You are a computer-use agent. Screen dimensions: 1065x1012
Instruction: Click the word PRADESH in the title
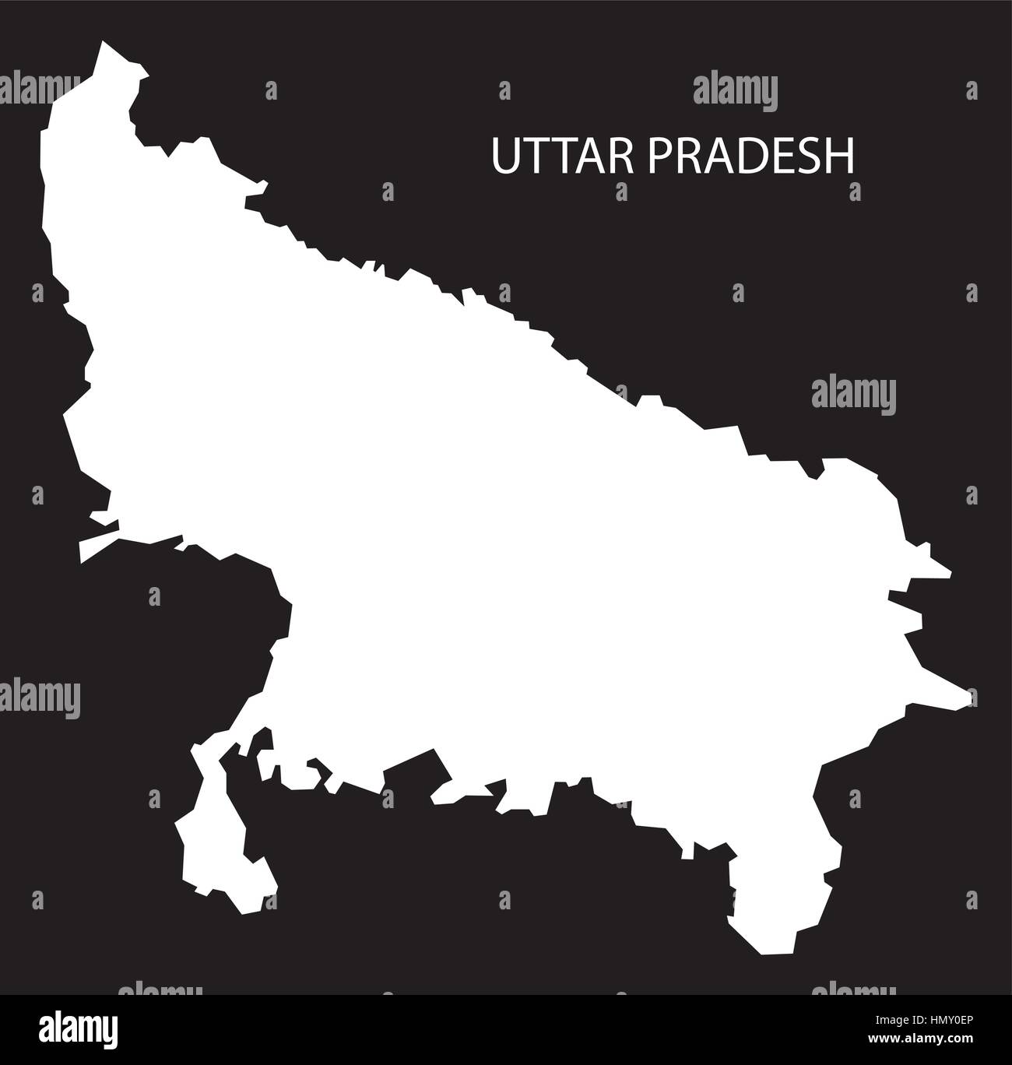(x=750, y=156)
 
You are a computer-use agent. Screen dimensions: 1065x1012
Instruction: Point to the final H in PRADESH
(x=841, y=156)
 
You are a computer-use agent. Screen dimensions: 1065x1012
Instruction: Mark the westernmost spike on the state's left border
(x=81, y=559)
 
